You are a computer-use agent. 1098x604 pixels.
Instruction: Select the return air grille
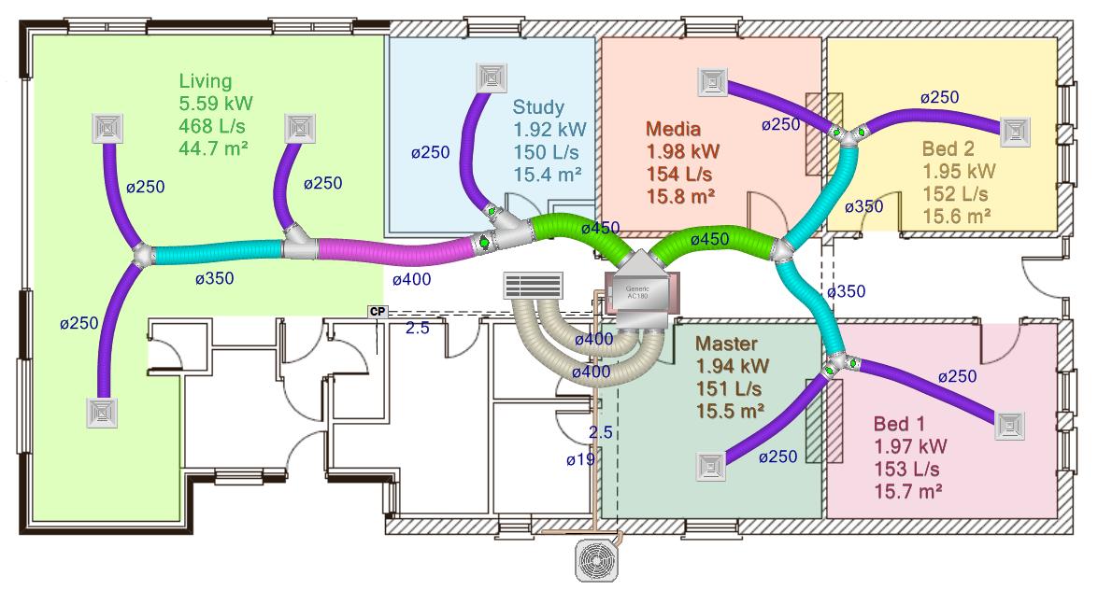click(534, 285)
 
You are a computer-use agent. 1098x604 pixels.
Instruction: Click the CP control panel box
click(378, 312)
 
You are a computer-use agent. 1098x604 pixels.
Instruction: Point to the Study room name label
click(538, 107)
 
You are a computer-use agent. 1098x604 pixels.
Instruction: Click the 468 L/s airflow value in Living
click(214, 125)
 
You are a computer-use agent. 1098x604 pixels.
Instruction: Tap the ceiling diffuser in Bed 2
click(1015, 132)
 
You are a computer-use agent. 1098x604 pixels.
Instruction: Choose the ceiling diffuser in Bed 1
click(1010, 425)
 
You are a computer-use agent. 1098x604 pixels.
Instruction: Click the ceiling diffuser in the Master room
click(711, 466)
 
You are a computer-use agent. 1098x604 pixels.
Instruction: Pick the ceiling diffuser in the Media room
click(712, 82)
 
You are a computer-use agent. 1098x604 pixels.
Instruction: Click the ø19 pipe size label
click(580, 459)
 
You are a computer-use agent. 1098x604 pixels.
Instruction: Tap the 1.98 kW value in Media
click(683, 150)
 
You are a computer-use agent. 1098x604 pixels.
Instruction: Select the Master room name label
click(727, 344)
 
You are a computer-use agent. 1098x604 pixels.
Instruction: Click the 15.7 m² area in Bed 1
click(907, 490)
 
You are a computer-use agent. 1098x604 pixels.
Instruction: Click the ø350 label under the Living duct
click(214, 278)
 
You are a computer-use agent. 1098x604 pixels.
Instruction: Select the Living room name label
click(206, 81)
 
